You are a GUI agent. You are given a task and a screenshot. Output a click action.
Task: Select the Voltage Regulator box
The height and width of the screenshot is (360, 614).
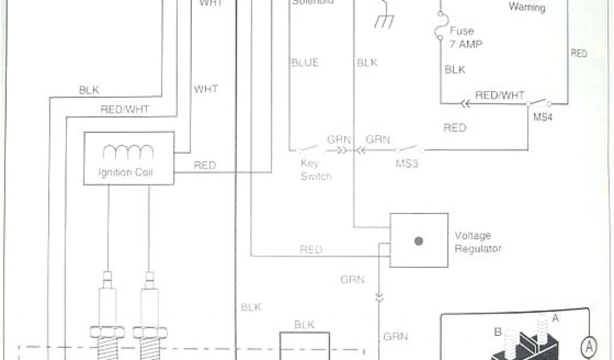[x=419, y=240]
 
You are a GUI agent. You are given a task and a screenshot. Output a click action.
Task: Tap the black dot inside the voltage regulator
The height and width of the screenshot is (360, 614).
[x=419, y=241]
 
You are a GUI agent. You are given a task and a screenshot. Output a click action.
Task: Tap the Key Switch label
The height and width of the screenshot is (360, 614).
[x=316, y=170]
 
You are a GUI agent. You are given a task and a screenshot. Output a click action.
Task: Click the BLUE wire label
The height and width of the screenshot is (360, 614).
[x=305, y=62]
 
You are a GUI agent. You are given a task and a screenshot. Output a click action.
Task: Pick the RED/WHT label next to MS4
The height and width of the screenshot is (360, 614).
[x=499, y=95]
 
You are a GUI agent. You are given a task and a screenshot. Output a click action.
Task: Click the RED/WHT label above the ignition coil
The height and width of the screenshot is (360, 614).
[x=125, y=109]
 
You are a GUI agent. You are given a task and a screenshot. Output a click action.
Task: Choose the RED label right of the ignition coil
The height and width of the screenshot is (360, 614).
[x=204, y=166]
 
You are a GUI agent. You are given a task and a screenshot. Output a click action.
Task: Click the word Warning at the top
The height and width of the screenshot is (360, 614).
[x=527, y=8]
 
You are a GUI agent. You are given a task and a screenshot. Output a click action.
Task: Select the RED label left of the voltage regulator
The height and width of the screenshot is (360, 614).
[x=311, y=250]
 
